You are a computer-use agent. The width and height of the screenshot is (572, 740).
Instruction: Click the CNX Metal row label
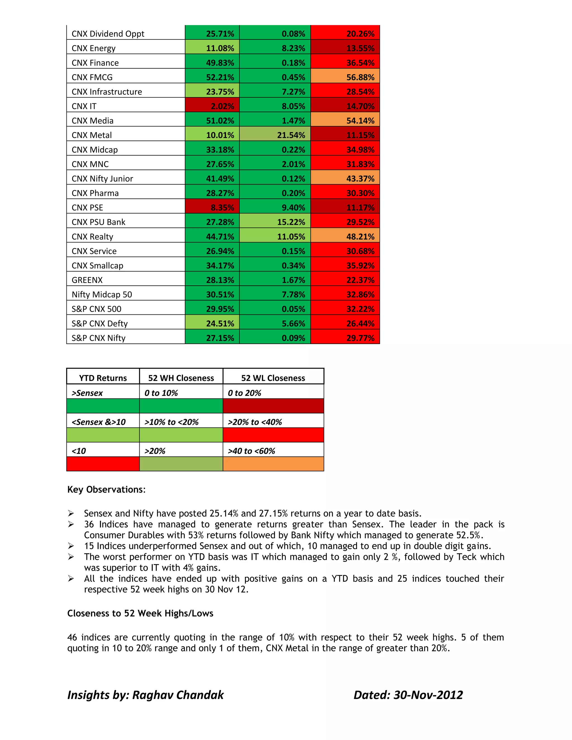click(x=92, y=135)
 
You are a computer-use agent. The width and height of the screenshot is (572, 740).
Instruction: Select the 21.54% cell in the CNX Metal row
click(x=275, y=135)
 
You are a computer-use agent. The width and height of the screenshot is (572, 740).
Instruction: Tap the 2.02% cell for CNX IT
click(x=213, y=106)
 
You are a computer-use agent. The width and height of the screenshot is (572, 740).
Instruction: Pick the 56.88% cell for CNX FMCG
click(x=345, y=77)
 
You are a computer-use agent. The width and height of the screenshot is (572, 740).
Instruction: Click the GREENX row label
click(x=87, y=280)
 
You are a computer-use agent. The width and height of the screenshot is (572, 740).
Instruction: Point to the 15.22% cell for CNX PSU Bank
click(x=275, y=222)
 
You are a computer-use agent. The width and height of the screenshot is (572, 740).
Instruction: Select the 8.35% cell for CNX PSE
click(x=213, y=207)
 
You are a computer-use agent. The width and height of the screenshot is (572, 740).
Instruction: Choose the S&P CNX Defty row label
click(x=100, y=324)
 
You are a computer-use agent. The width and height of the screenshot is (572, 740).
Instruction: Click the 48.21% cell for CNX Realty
click(x=345, y=237)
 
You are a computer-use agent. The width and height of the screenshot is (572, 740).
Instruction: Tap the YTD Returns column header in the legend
click(x=103, y=378)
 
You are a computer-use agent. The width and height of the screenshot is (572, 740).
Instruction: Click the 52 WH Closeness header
click(x=181, y=378)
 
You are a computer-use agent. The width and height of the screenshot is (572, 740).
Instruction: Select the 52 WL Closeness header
click(x=273, y=378)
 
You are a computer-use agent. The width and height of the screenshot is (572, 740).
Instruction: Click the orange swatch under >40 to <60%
click(x=273, y=464)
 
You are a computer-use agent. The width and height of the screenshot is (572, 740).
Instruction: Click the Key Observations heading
click(x=106, y=490)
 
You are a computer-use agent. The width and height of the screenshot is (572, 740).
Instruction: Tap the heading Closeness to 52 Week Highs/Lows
click(x=140, y=613)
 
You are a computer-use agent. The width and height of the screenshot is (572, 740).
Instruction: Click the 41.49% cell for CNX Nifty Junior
click(x=213, y=178)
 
